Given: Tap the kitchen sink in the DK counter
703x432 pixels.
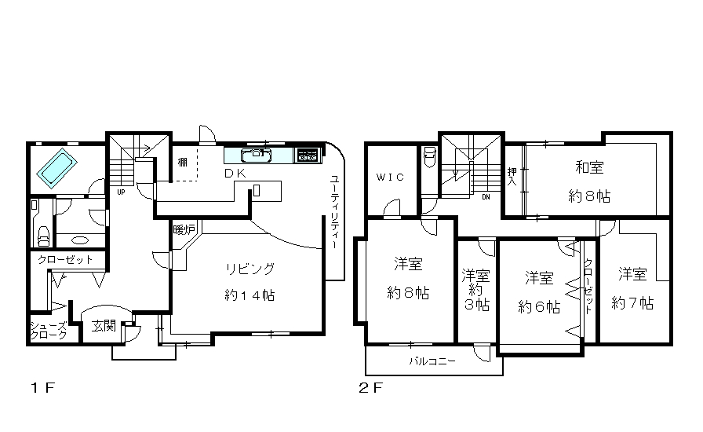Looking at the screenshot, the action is [x=256, y=156].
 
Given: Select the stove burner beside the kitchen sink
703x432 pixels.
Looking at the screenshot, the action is [x=308, y=156].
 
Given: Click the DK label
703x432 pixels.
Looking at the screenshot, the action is [x=235, y=174].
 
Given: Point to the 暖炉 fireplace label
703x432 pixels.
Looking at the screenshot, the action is [x=184, y=230].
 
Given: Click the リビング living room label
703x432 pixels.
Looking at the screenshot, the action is [x=250, y=269].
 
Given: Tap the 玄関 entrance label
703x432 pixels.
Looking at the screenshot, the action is [x=104, y=326].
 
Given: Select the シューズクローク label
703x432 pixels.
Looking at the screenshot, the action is [x=49, y=330].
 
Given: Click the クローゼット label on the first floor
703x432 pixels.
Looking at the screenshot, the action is [x=65, y=259].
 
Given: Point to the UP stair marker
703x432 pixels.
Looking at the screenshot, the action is [x=121, y=192].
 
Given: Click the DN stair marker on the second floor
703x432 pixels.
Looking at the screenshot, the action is [x=486, y=197].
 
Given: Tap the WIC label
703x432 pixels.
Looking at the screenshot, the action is [x=390, y=177].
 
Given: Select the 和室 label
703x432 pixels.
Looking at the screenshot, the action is [x=589, y=167].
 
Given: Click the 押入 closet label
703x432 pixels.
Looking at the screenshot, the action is [x=512, y=177].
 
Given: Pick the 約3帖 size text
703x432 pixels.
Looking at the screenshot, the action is [x=476, y=297].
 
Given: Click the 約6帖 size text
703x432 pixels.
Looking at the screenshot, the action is [x=539, y=307].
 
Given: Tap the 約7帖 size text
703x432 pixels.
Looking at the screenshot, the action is [x=632, y=303].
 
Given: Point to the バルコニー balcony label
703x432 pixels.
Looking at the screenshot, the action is [x=432, y=361].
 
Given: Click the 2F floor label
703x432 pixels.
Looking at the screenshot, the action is [x=371, y=387].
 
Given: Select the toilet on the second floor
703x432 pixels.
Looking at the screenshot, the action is [x=429, y=157].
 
